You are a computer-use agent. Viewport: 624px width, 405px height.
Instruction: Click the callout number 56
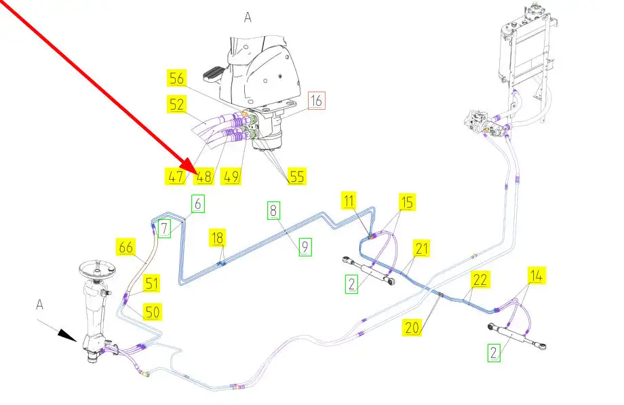click(x=177, y=79)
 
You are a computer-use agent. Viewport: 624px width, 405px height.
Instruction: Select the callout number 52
click(x=177, y=104)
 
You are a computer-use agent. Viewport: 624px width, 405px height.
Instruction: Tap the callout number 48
click(x=203, y=177)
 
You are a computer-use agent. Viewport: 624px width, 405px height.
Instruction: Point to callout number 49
click(x=232, y=177)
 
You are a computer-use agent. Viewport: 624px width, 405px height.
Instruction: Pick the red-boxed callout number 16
click(x=317, y=101)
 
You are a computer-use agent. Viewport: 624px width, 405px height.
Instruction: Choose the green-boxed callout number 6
click(x=197, y=203)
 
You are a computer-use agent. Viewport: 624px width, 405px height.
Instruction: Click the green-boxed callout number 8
click(x=273, y=210)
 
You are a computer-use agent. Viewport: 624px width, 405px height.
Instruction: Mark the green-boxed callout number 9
click(x=306, y=248)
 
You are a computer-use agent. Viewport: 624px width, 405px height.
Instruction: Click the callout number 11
click(x=349, y=201)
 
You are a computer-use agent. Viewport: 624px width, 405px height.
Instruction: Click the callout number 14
click(x=536, y=275)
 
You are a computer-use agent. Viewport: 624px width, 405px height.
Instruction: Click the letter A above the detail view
click(x=248, y=18)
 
